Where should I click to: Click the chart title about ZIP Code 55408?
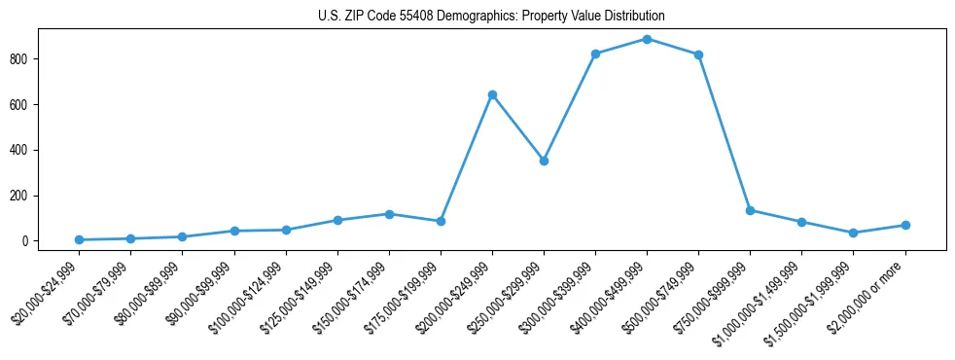click(x=491, y=16)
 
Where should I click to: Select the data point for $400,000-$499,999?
click(x=647, y=39)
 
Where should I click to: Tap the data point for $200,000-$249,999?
click(x=492, y=94)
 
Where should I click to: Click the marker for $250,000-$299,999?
click(x=544, y=161)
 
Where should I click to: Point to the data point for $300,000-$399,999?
click(x=595, y=54)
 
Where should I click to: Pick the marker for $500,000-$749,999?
click(x=698, y=54)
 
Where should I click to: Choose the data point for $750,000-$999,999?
click(x=750, y=210)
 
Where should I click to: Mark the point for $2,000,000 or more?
click(x=904, y=225)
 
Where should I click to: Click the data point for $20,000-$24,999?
click(x=79, y=239)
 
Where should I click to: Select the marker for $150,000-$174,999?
click(x=389, y=214)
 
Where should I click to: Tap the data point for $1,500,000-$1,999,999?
click(x=853, y=233)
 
